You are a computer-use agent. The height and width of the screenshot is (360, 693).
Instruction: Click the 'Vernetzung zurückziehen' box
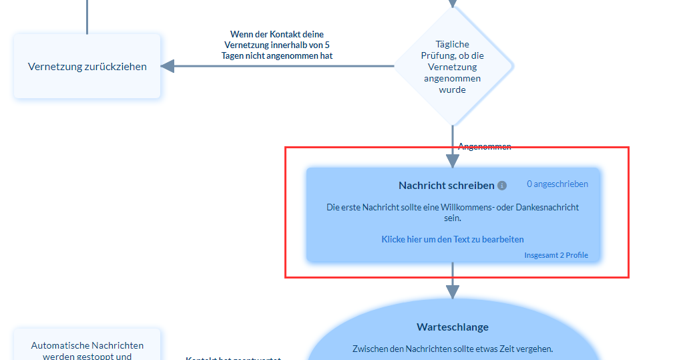coord(87,66)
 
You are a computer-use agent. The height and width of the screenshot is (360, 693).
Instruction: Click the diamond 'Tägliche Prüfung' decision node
coord(453,66)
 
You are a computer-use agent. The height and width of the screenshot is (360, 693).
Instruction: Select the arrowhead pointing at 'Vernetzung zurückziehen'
coord(167,66)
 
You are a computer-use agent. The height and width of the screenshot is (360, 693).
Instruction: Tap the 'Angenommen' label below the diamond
coord(485,146)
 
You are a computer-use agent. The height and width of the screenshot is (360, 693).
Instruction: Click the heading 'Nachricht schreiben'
coord(446,185)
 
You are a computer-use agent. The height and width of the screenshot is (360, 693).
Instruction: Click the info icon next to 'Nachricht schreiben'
coord(502,186)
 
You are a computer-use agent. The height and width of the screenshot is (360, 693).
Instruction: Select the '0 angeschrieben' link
coord(557,184)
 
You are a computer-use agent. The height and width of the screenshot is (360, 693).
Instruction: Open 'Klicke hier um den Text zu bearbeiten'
coord(453,239)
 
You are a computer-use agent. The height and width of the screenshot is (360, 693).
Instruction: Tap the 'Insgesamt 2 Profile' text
coord(556,255)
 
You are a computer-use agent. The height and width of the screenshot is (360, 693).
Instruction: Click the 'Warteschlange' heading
coord(453,327)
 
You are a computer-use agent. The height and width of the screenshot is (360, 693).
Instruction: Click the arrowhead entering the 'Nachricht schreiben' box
coord(453,161)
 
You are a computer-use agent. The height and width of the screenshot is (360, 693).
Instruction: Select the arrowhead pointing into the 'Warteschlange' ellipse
coord(453,292)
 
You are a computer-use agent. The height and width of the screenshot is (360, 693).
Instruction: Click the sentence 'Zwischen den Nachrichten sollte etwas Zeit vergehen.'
coord(453,349)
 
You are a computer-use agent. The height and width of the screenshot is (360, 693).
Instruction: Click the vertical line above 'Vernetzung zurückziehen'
coord(87,17)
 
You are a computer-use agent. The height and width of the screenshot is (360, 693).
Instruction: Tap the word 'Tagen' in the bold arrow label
coord(235,55)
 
